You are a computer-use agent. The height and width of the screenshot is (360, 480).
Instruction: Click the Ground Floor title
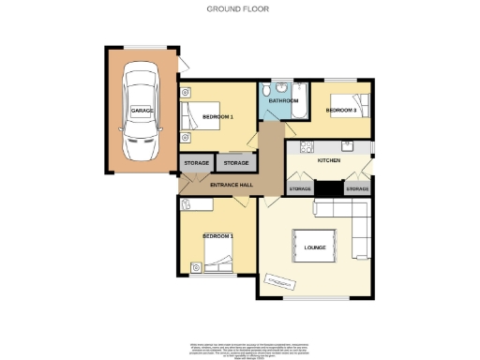239,9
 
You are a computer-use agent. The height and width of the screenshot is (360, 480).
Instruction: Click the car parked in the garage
142,111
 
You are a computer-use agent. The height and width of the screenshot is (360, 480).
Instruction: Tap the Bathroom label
283,100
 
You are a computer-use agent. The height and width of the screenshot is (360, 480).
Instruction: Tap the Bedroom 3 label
340,111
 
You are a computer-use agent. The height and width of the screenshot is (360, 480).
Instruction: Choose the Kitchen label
329,161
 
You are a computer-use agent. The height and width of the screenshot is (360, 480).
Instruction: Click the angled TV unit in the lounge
278,278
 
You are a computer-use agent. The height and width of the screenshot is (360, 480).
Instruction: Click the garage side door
184,64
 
